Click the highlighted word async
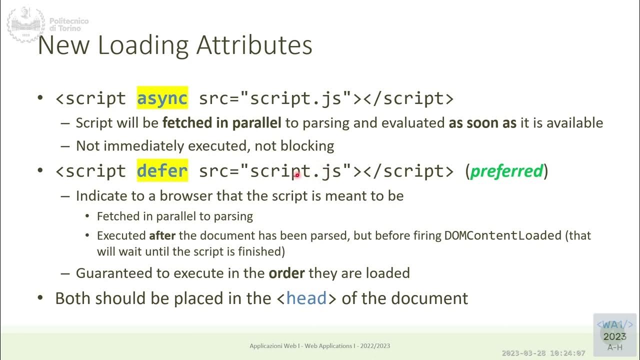[x=162, y=98]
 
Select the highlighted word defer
[x=162, y=171]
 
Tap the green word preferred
[x=506, y=171]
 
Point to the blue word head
[x=306, y=298]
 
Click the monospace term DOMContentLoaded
[x=503, y=235]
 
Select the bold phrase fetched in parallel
[x=222, y=123]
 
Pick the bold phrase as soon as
[x=482, y=123]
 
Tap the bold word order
[x=287, y=273]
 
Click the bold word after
[x=162, y=235]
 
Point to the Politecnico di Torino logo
[x=47, y=24]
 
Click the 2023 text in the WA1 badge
[x=614, y=336]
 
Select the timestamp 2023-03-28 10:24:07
[x=543, y=353]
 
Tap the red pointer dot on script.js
[x=297, y=174]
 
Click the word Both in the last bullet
[x=73, y=298]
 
